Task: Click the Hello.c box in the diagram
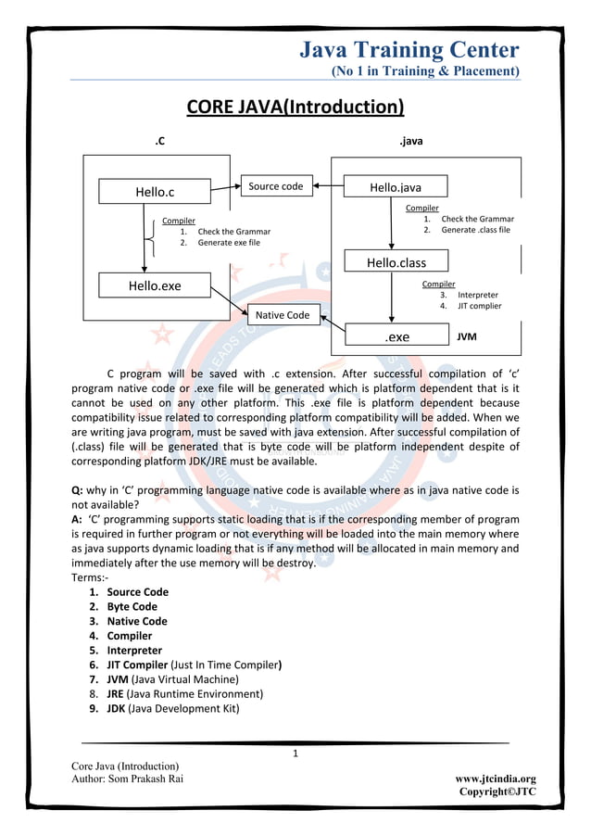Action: tap(155, 192)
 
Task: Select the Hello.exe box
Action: tap(155, 285)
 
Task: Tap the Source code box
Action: tap(275, 186)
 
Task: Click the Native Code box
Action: tap(283, 315)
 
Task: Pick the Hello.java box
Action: tap(396, 187)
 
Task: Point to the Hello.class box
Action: tap(396, 262)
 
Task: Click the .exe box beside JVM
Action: tap(397, 337)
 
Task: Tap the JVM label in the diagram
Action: tap(467, 337)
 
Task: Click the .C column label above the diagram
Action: tap(159, 142)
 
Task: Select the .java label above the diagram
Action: tap(410, 142)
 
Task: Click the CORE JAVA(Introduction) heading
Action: tap(295, 108)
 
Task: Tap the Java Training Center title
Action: tap(409, 49)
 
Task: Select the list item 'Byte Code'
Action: tap(132, 607)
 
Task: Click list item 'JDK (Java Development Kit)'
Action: tap(172, 709)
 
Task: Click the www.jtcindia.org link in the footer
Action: tap(496, 779)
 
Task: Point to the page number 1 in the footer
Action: tap(295, 754)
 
